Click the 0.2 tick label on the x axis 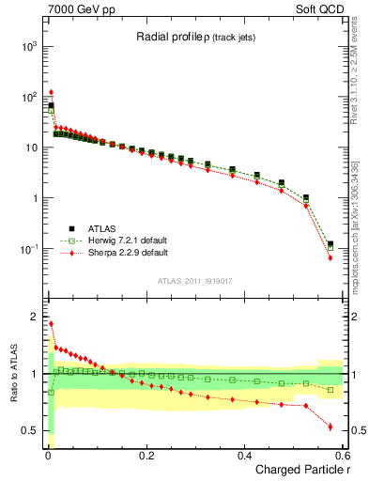146,454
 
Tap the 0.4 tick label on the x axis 244,454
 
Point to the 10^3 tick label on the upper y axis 28,46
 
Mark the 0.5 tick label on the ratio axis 30,430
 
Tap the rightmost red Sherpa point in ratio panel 330,427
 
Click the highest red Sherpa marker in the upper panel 51,93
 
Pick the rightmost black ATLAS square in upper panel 330,244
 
